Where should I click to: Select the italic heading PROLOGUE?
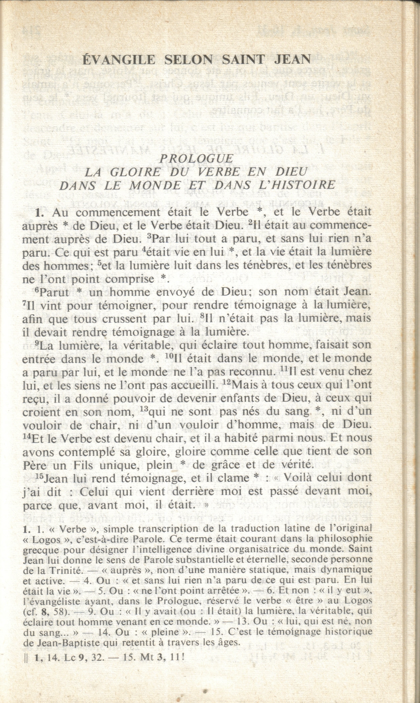coord(196,158)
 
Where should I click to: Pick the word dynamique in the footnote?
coord(345,570)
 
